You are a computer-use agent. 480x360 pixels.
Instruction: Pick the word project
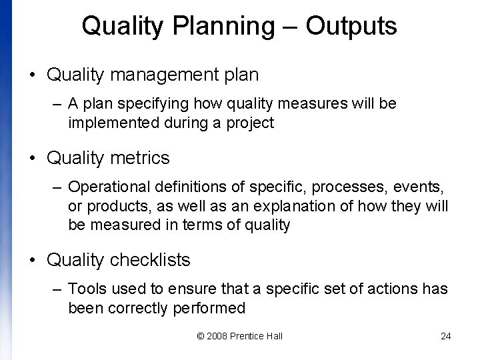[x=250, y=123]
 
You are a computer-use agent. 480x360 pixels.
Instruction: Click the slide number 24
[x=446, y=336]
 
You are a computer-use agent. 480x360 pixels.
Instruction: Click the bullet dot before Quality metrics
[x=33, y=159]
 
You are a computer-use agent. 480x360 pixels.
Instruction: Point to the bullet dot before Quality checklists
[x=33, y=260]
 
